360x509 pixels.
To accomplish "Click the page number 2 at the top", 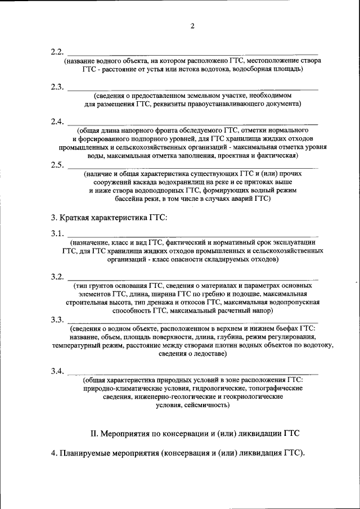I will point(192,26).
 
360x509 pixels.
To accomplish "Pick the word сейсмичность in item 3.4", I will point(205,405).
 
